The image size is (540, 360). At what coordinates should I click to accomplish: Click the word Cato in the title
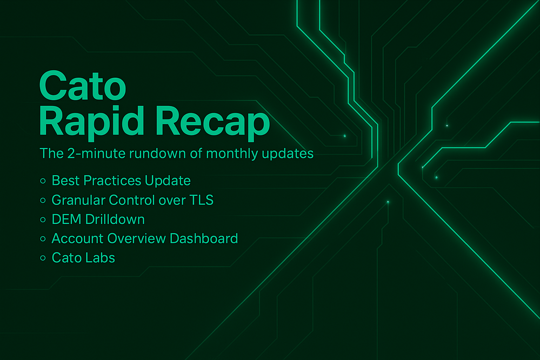tap(83, 85)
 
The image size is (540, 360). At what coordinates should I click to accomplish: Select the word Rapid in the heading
tap(91, 121)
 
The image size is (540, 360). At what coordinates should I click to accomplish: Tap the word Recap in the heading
tap(212, 121)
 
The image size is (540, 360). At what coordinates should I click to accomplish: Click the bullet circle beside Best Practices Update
tap(43, 181)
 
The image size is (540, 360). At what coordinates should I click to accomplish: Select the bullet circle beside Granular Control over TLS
tap(43, 200)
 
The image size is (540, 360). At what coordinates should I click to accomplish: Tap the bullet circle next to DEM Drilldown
tap(43, 219)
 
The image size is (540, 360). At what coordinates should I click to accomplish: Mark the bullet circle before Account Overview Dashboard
tap(43, 238)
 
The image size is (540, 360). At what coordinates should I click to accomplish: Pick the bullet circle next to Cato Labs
tap(43, 258)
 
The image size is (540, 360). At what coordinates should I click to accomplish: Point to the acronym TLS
tap(202, 200)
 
